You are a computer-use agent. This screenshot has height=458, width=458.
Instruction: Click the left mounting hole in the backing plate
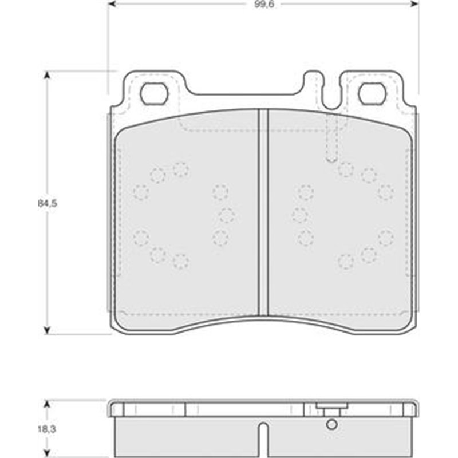(155, 94)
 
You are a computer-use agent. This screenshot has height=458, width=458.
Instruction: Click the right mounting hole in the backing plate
(372, 94)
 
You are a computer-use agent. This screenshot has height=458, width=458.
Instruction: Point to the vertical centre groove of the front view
(263, 212)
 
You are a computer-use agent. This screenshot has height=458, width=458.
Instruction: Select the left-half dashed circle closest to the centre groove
(227, 215)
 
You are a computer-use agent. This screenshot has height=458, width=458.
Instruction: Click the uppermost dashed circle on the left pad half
(180, 169)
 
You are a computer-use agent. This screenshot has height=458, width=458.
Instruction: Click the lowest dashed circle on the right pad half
(345, 261)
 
